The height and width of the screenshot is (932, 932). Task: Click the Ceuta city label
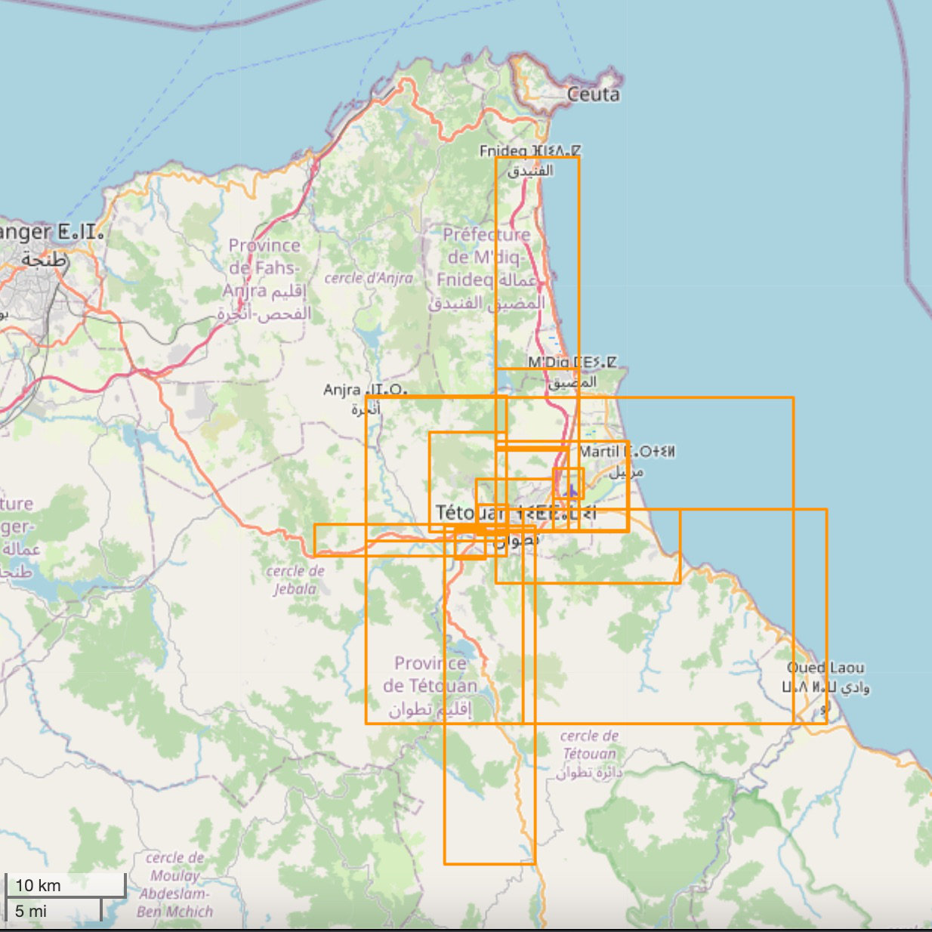click(593, 94)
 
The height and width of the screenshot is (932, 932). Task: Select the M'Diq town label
click(572, 372)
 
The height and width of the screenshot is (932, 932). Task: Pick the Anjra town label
click(366, 398)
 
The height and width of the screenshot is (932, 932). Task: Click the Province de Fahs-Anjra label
click(264, 279)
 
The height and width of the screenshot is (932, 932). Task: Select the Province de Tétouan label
click(430, 686)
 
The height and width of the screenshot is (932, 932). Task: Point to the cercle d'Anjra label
click(369, 278)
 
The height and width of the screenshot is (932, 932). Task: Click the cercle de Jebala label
click(295, 579)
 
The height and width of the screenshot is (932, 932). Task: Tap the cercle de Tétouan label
click(589, 753)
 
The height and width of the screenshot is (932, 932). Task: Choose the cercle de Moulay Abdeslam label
click(175, 884)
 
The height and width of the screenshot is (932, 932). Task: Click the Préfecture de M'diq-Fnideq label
click(486, 268)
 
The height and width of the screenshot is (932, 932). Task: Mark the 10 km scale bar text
click(38, 885)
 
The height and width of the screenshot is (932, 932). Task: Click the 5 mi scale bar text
click(31, 911)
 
